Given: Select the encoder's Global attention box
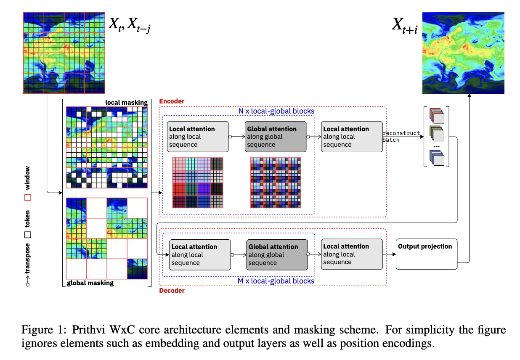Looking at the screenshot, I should tap(276, 137).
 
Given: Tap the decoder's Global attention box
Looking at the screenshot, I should tap(277, 254).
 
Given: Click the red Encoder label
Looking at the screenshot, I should tap(171, 101).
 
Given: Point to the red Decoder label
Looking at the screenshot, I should tap(172, 290).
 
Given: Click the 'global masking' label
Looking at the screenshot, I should tap(90, 283).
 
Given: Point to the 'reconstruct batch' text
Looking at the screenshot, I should tap(401, 136).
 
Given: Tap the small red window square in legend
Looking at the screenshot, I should tap(28, 197).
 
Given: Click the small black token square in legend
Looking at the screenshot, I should tap(28, 235).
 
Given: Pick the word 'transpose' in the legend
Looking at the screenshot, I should tap(28, 259).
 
